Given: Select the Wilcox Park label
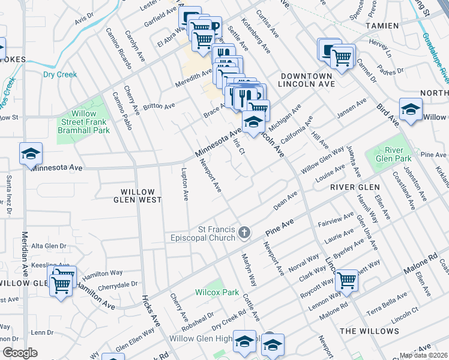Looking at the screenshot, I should (213, 292).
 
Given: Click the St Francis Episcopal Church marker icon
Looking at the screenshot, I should (244, 232).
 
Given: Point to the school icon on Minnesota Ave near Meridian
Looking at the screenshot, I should (31, 154).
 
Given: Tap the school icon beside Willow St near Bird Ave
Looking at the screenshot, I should (411, 109).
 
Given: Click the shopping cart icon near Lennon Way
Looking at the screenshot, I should (347, 280).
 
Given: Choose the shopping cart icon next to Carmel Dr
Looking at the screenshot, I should (342, 58).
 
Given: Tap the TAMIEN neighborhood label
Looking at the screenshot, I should (382, 26).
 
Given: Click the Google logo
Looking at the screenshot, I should (20, 353).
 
